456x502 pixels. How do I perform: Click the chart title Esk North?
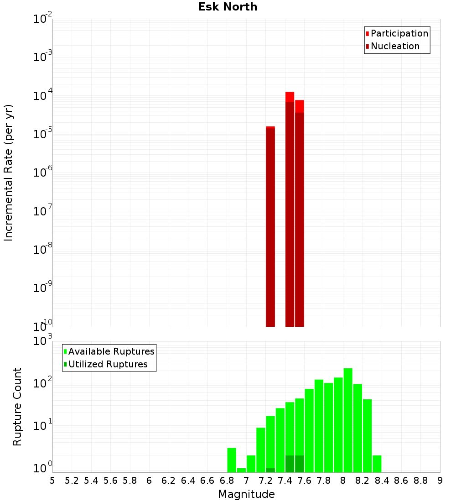tap(228, 7)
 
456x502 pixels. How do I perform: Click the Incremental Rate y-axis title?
tap(8, 173)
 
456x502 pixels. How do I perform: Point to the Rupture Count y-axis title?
tap(17, 407)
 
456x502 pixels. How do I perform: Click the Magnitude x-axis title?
tap(246, 494)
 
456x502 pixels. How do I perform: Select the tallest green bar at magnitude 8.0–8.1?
tap(348, 420)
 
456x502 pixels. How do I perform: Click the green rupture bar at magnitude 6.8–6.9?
tap(232, 460)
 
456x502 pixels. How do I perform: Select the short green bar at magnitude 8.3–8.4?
tap(377, 464)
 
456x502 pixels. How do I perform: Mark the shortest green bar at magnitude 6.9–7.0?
tap(241, 470)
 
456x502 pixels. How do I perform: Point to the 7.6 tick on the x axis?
tap(304, 480)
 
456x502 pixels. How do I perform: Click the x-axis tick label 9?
tap(440, 480)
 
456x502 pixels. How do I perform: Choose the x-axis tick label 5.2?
tap(72, 480)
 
